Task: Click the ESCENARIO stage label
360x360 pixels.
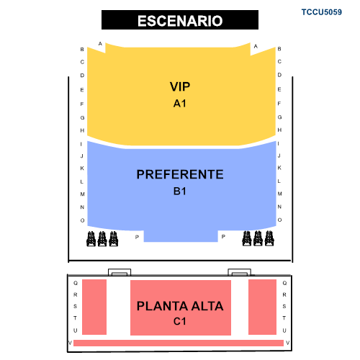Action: pyautogui.click(x=180, y=21)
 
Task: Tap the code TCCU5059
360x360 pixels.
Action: pyautogui.click(x=322, y=12)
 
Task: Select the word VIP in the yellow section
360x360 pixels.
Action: pyautogui.click(x=180, y=86)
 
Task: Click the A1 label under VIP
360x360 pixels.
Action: pyautogui.click(x=180, y=104)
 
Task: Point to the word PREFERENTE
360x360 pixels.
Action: pyautogui.click(x=180, y=174)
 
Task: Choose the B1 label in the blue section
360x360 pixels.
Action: pyautogui.click(x=180, y=192)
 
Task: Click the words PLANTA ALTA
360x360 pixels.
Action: pyautogui.click(x=180, y=306)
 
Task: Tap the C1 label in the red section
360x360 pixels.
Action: pyautogui.click(x=180, y=321)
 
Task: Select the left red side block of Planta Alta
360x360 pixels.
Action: pyautogui.click(x=94, y=307)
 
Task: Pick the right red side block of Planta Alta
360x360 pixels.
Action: pyautogui.click(x=262, y=307)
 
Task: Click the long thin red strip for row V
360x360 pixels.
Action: pyautogui.click(x=179, y=343)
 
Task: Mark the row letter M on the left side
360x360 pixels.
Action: pyautogui.click(x=82, y=194)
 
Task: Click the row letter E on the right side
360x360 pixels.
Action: pyautogui.click(x=279, y=89)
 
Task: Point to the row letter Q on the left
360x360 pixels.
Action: pyautogui.click(x=76, y=283)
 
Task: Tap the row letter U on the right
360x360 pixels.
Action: pyautogui.click(x=284, y=330)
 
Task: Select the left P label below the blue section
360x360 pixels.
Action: pyautogui.click(x=137, y=237)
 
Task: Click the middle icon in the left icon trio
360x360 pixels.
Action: pyautogui.click(x=102, y=239)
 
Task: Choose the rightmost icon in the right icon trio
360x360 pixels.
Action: pyautogui.click(x=269, y=238)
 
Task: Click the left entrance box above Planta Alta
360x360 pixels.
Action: pyautogui.click(x=120, y=272)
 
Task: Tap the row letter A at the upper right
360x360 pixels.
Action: pyautogui.click(x=256, y=46)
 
